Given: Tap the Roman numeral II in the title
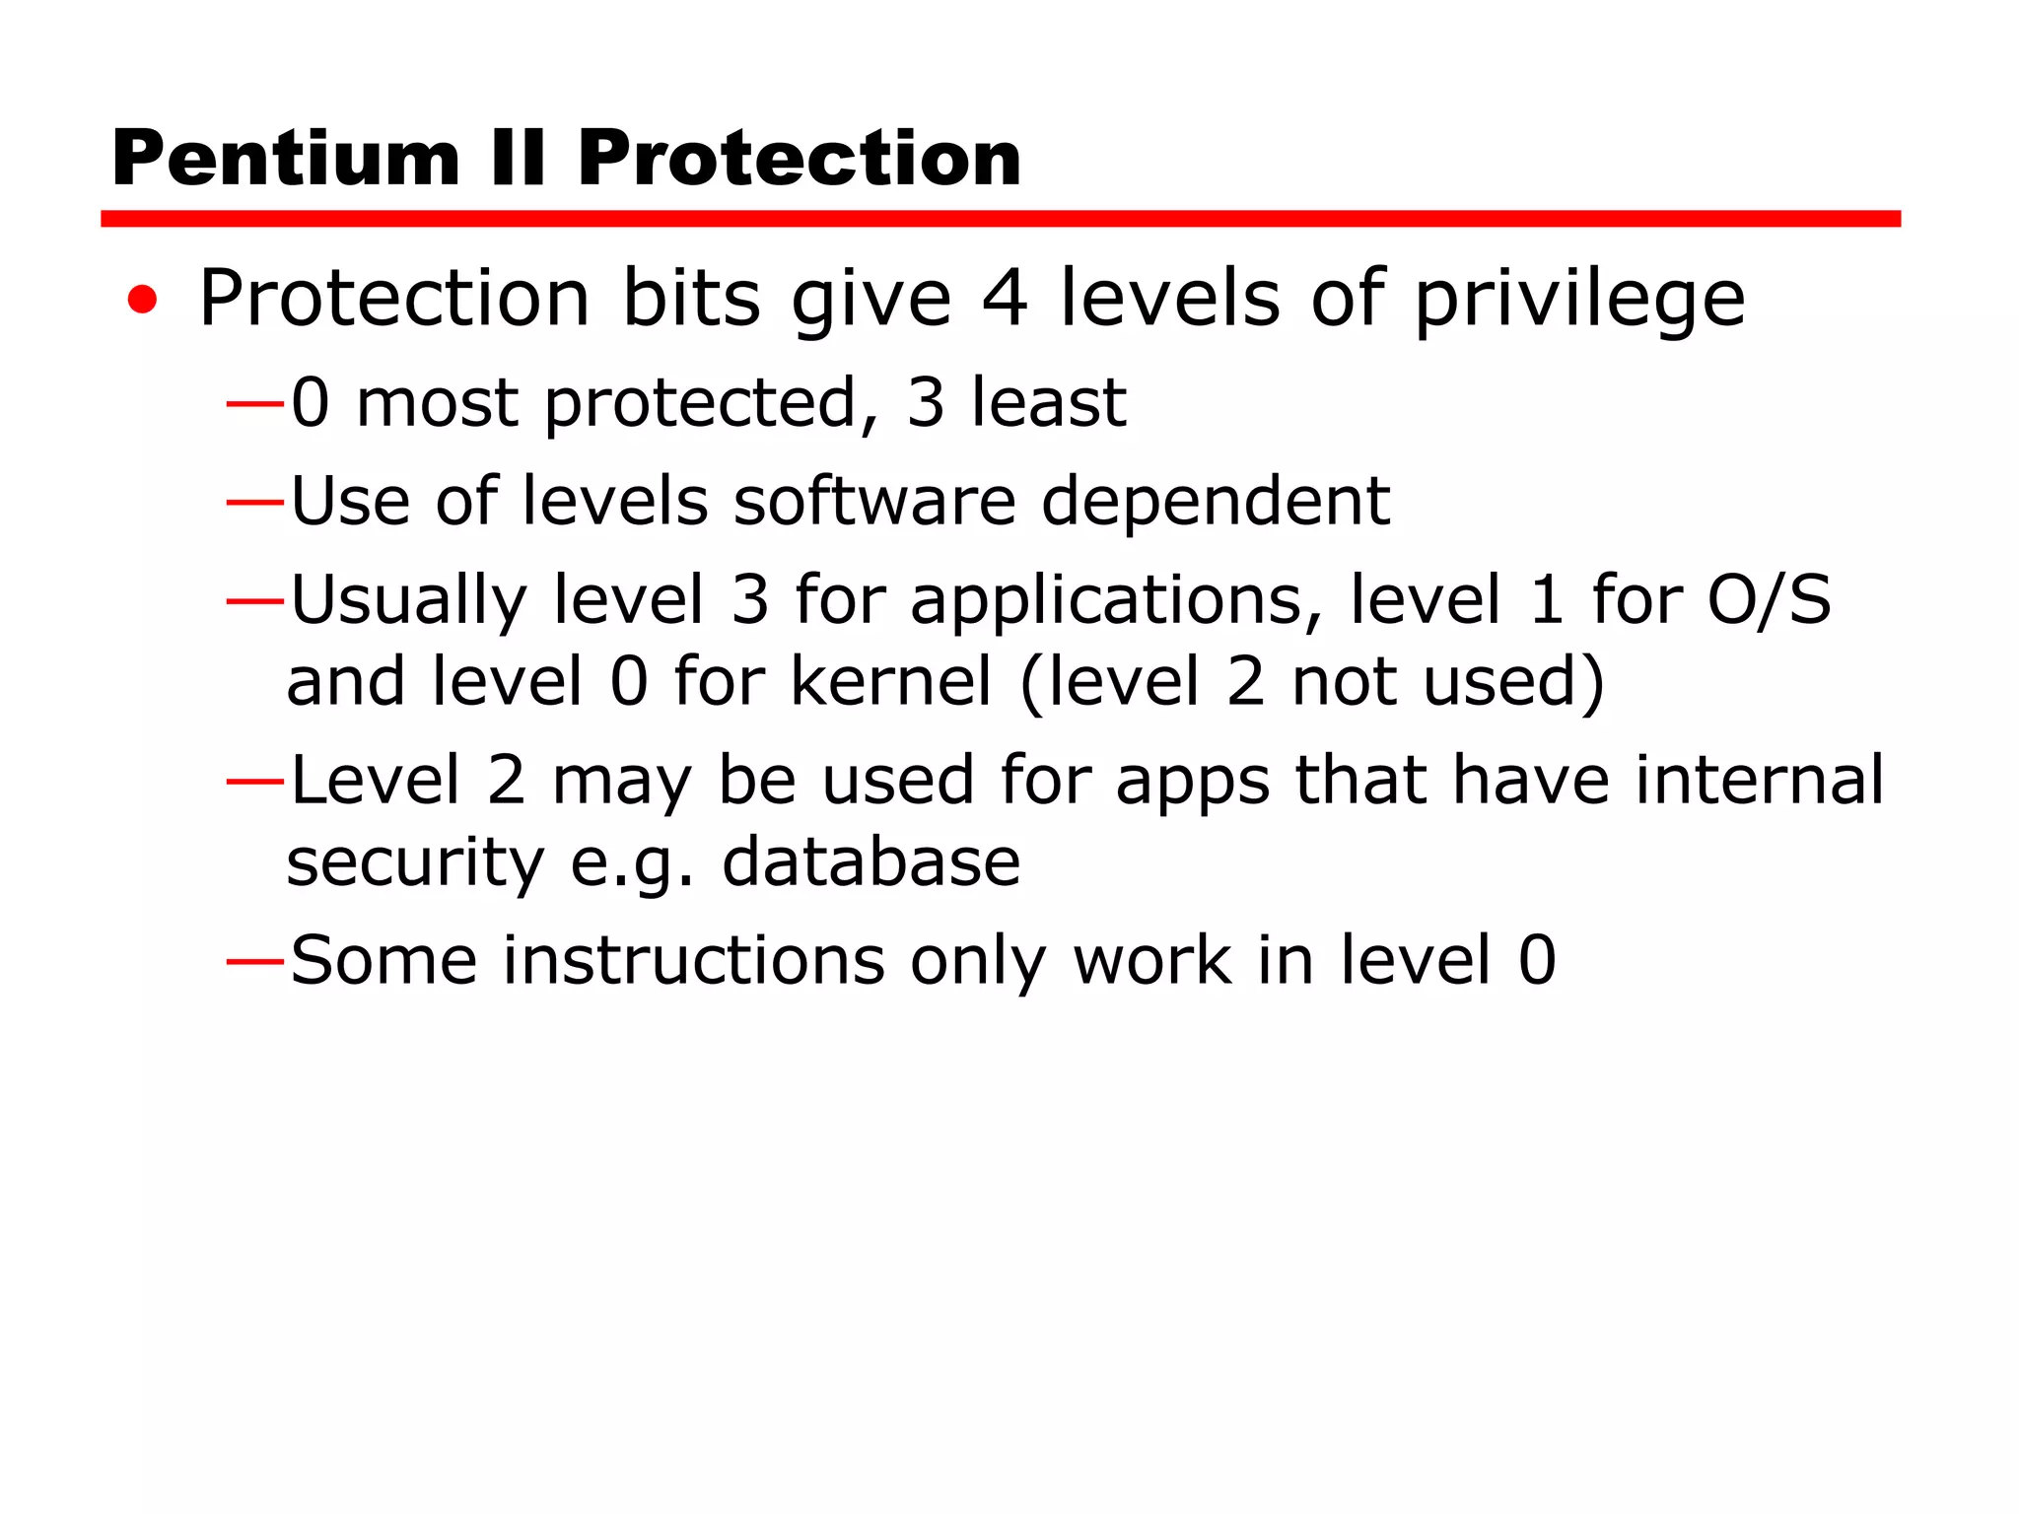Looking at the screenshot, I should (x=519, y=160).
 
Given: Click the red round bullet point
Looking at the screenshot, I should (x=143, y=300).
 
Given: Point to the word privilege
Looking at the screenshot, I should (x=1579, y=301).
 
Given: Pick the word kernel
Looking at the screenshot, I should (x=891, y=682).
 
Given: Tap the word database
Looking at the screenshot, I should (x=870, y=862).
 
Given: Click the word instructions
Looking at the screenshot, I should (x=694, y=961).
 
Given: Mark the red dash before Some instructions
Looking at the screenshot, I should (x=254, y=960).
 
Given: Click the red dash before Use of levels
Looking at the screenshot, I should (x=254, y=503).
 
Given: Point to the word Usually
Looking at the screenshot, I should (x=409, y=602).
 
